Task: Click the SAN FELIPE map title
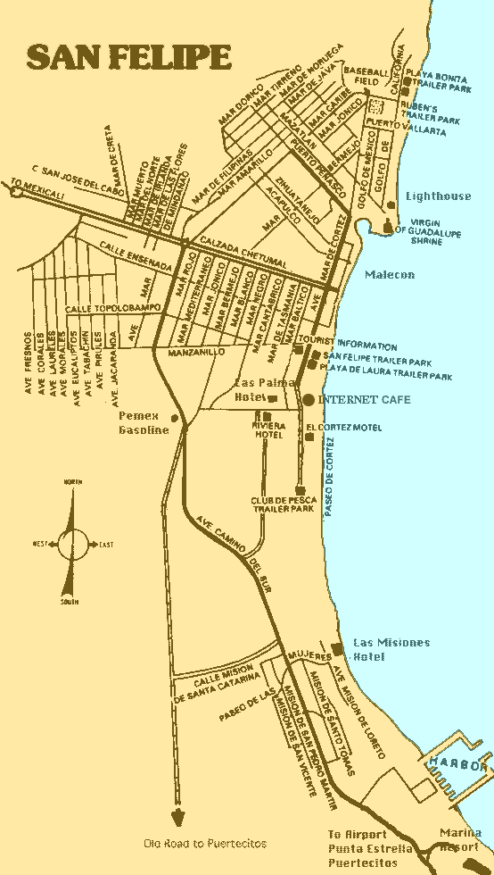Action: [129, 57]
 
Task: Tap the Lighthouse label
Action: [438, 196]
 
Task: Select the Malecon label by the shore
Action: [390, 275]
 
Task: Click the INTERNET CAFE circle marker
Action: [309, 400]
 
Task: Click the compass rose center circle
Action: [70, 542]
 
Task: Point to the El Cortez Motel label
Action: [343, 428]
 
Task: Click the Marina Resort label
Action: [460, 839]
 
